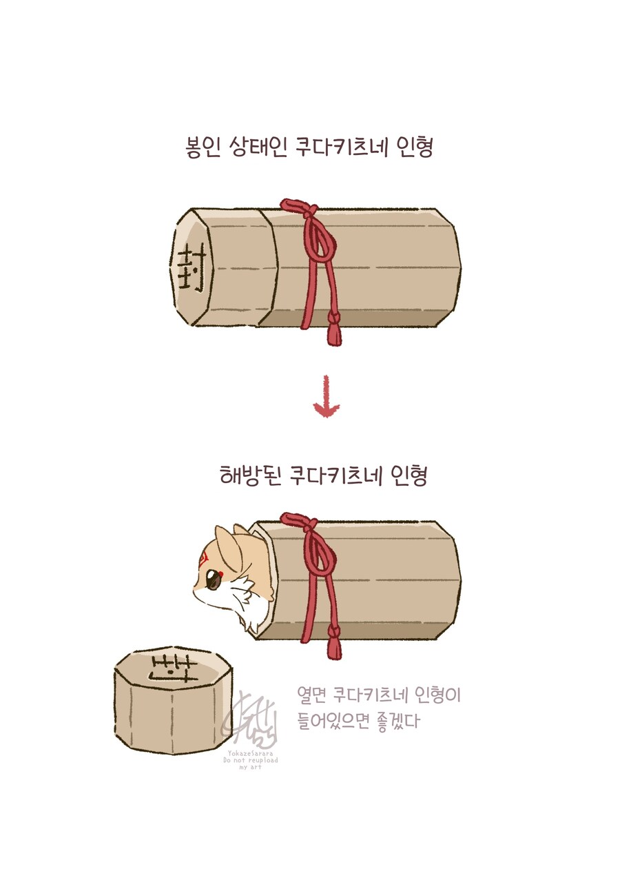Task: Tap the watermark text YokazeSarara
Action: (x=249, y=754)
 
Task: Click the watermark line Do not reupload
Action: (x=250, y=760)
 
